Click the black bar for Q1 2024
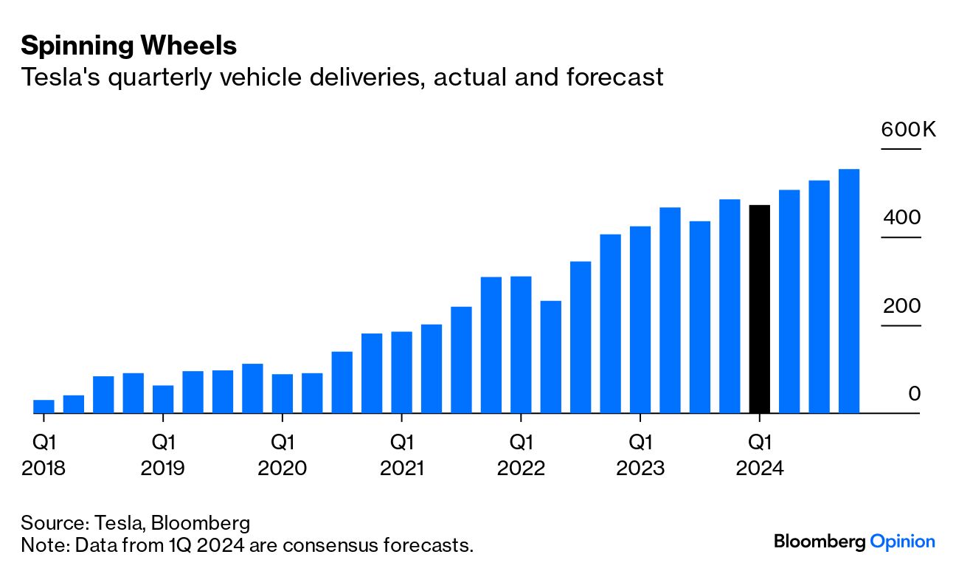click(x=759, y=309)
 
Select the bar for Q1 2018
click(x=44, y=407)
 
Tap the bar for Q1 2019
click(x=163, y=399)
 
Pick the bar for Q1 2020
click(x=283, y=393)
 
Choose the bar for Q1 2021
click(x=401, y=373)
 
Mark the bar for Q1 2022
click(x=521, y=345)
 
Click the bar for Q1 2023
click(x=640, y=319)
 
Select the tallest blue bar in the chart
click(x=849, y=291)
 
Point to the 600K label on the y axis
click(x=908, y=131)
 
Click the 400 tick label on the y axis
click(x=901, y=218)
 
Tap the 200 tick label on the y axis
click(x=901, y=306)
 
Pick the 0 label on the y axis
click(x=915, y=394)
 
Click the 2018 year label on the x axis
click(x=44, y=468)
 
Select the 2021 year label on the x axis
click(x=401, y=468)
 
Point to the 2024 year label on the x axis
click(x=759, y=468)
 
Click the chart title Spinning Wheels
click(x=129, y=46)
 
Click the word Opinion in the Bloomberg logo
click(x=902, y=542)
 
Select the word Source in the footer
click(x=53, y=523)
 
